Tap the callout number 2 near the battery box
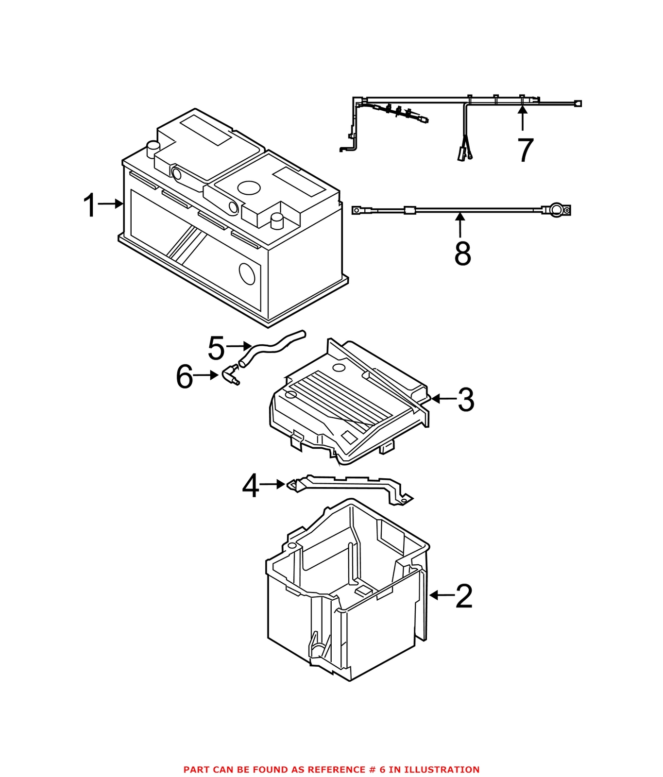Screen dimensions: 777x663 464,596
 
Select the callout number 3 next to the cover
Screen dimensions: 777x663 466,400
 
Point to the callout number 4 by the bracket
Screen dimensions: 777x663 250,486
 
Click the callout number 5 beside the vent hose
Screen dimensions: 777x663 216,348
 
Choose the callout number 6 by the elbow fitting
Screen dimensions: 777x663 184,377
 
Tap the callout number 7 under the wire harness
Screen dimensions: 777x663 525,150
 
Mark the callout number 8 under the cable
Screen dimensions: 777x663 462,253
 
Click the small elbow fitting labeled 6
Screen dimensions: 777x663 230,376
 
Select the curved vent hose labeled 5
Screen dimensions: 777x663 272,345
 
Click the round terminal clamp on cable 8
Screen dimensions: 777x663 557,210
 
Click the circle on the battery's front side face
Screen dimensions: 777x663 247,274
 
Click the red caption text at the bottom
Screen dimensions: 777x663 331,769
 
